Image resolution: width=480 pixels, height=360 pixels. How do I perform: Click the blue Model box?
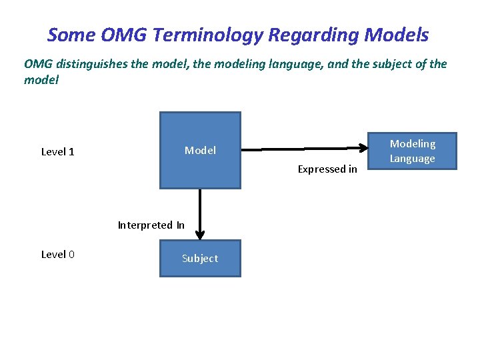pos(200,151)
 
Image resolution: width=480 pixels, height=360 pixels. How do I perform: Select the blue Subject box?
pos(200,259)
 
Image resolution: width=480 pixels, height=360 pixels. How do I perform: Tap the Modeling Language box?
pos(412,151)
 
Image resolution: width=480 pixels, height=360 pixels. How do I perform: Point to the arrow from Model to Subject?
pos(200,213)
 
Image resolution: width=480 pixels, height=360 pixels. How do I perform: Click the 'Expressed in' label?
pos(327,169)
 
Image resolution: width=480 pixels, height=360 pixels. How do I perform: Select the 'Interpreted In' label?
pos(151,225)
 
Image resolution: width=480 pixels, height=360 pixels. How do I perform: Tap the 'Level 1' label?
pos(58,152)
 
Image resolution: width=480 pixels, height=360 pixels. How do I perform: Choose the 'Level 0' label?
pos(58,255)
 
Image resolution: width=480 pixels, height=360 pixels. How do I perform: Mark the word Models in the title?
pos(397,35)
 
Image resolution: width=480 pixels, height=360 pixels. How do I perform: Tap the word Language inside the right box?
pos(412,159)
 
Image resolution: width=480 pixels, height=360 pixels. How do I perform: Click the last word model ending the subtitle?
pos(41,79)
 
